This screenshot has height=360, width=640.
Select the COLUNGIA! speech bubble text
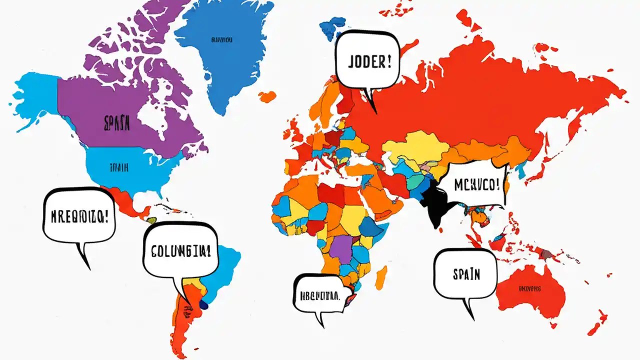[x=180, y=250]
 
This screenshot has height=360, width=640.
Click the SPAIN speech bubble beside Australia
[x=466, y=273]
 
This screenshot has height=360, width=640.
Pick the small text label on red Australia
[x=530, y=288]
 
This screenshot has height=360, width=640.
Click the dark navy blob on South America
[x=203, y=303]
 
